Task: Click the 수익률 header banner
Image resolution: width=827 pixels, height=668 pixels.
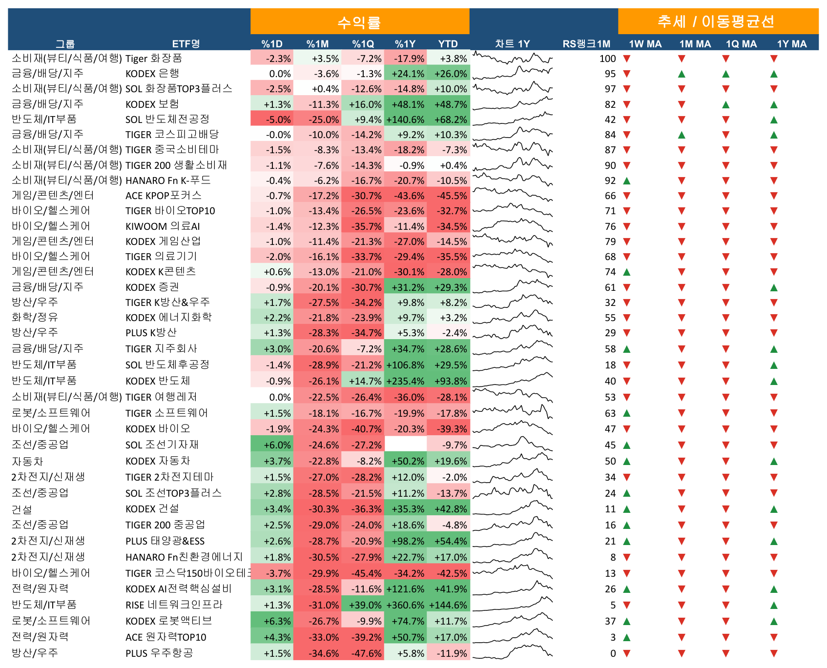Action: pyautogui.click(x=360, y=21)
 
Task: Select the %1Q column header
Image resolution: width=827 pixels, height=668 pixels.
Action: pyautogui.click(x=363, y=44)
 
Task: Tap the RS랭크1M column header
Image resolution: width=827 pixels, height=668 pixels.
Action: pyautogui.click(x=586, y=44)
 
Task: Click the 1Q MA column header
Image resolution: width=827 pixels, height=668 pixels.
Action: pyautogui.click(x=741, y=44)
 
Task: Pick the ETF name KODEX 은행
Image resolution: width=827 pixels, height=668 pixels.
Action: pyautogui.click(x=152, y=74)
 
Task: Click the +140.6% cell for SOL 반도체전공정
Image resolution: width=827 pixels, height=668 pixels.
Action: pyautogui.click(x=405, y=120)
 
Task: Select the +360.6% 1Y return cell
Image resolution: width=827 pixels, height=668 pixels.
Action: pyautogui.click(x=405, y=605)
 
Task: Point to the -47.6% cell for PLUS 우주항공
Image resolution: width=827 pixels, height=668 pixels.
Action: pyautogui.click(x=363, y=653)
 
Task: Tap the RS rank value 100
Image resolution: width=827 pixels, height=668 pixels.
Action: pyautogui.click(x=608, y=59)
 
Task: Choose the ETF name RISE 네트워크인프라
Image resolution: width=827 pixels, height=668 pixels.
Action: pyautogui.click(x=174, y=605)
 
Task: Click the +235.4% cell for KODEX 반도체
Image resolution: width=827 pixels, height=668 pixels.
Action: pyautogui.click(x=405, y=381)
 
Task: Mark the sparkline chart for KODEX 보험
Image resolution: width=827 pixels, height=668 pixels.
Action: pyautogui.click(x=513, y=104)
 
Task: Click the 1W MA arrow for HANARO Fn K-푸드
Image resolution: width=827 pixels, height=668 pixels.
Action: pyautogui.click(x=627, y=181)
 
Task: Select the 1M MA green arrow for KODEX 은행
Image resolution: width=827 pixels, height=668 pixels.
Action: pyautogui.click(x=682, y=74)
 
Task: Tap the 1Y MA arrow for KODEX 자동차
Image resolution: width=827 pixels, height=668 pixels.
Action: pyautogui.click(x=774, y=461)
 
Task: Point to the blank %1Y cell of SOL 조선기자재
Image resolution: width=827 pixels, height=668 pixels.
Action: pyautogui.click(x=405, y=445)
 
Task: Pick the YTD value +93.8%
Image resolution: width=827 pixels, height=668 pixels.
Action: pyautogui.click(x=448, y=381)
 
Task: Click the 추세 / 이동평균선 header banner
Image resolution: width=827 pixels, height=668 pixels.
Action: pyautogui.click(x=718, y=21)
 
